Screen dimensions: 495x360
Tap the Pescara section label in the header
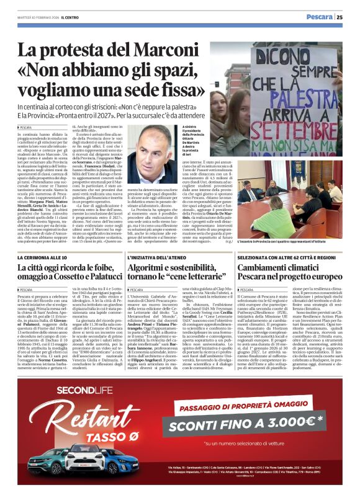(320, 17)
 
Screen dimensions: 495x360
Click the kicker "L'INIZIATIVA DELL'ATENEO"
(152, 257)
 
